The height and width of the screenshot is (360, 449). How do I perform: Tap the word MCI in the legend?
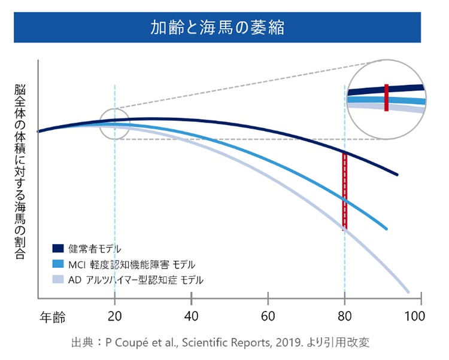[x=81, y=264]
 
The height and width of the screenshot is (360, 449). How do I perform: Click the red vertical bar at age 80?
[x=344, y=191]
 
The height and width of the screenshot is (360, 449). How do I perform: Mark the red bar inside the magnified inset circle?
[x=387, y=97]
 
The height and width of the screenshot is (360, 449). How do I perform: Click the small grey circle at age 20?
[x=114, y=124]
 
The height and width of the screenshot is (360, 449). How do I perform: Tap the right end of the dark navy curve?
[x=398, y=175]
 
